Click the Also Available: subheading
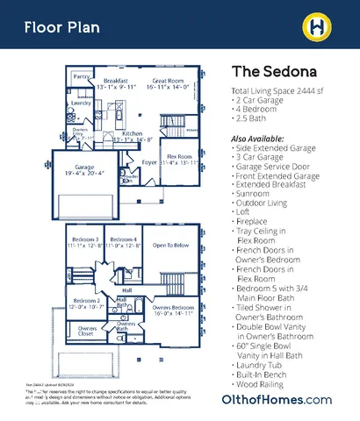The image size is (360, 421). click(257, 139)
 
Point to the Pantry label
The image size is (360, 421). click(82, 77)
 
